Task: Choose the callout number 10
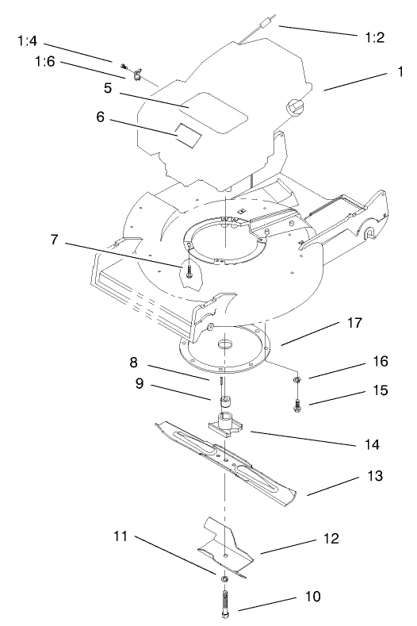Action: point(310,596)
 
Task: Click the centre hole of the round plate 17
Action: point(225,345)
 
